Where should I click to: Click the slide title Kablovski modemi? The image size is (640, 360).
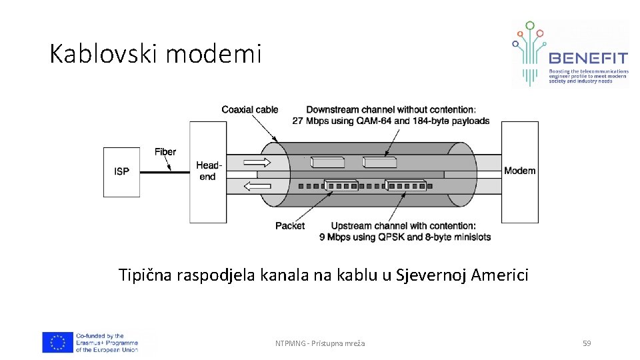[155, 54]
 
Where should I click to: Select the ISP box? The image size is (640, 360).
[121, 171]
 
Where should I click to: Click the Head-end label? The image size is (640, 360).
[208, 171]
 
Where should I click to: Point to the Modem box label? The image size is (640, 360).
[519, 171]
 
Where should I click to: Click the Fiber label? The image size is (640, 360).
[165, 151]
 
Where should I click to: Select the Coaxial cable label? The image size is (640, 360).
[250, 109]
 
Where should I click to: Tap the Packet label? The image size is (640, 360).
[290, 226]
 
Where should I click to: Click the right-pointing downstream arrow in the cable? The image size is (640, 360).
[257, 162]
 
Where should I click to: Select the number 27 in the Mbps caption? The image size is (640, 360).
[298, 121]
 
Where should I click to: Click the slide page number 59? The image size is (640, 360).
[587, 343]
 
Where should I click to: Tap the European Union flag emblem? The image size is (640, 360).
[58, 343]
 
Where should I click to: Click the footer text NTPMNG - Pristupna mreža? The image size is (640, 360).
[320, 343]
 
